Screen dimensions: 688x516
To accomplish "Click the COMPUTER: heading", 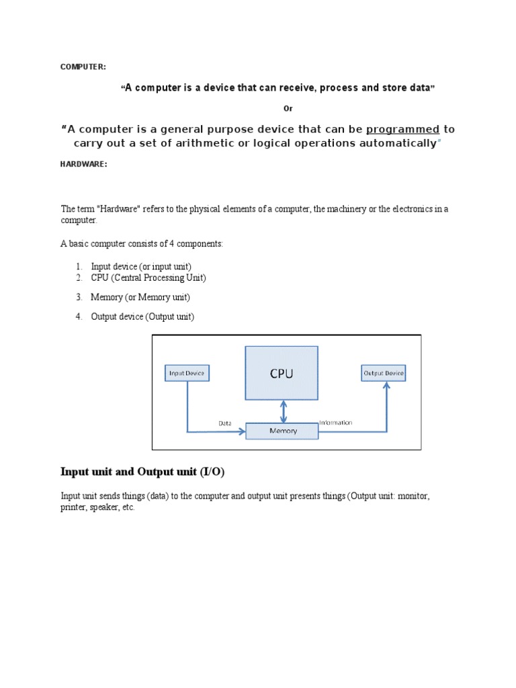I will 83,67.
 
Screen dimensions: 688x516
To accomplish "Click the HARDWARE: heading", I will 84,165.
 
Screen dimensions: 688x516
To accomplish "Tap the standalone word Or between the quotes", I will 288,109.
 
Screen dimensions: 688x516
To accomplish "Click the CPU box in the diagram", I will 282,374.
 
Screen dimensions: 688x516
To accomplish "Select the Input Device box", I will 187,373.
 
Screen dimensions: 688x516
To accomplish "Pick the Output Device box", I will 384,373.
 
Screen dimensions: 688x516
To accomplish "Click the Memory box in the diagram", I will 282,431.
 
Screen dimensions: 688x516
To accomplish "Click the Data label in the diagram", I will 225,423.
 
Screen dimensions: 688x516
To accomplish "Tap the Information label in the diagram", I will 336,423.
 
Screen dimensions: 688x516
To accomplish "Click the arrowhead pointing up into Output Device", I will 387,386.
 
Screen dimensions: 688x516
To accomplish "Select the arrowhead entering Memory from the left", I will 241,431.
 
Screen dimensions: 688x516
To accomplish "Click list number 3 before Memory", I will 79,297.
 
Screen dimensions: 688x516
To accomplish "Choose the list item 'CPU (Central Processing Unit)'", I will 148,277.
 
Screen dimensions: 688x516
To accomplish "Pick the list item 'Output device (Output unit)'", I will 142,317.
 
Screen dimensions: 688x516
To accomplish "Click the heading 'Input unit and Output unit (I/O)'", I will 142,472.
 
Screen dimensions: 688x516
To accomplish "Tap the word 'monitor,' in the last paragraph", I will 413,496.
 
